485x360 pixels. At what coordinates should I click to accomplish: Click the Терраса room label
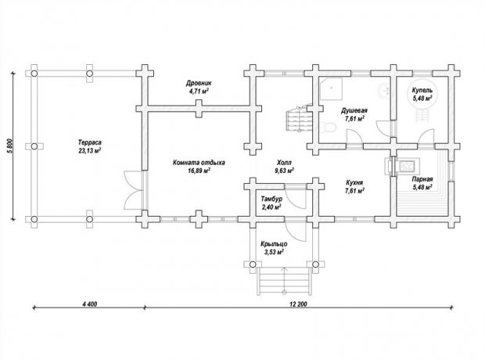point(90,143)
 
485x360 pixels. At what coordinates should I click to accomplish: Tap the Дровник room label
point(199,83)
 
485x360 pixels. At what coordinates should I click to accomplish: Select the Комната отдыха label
point(199,163)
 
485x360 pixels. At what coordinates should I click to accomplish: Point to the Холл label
point(284,163)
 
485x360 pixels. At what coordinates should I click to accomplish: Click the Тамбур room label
point(271,199)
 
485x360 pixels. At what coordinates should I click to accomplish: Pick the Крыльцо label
point(274,244)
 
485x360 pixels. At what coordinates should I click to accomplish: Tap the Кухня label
point(354,182)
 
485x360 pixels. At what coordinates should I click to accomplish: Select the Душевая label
point(354,110)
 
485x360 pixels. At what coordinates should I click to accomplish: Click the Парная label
point(422,179)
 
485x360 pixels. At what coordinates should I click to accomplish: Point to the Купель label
point(422,90)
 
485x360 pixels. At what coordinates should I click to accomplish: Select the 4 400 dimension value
point(90,304)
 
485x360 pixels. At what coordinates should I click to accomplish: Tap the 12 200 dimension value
point(299,304)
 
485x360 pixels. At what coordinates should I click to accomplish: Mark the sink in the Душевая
point(384,90)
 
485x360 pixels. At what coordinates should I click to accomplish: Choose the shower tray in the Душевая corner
point(331,89)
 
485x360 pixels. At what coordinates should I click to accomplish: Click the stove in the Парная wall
point(403,167)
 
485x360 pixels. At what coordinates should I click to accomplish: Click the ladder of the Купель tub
point(422,115)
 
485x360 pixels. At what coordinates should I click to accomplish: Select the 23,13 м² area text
point(90,151)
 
